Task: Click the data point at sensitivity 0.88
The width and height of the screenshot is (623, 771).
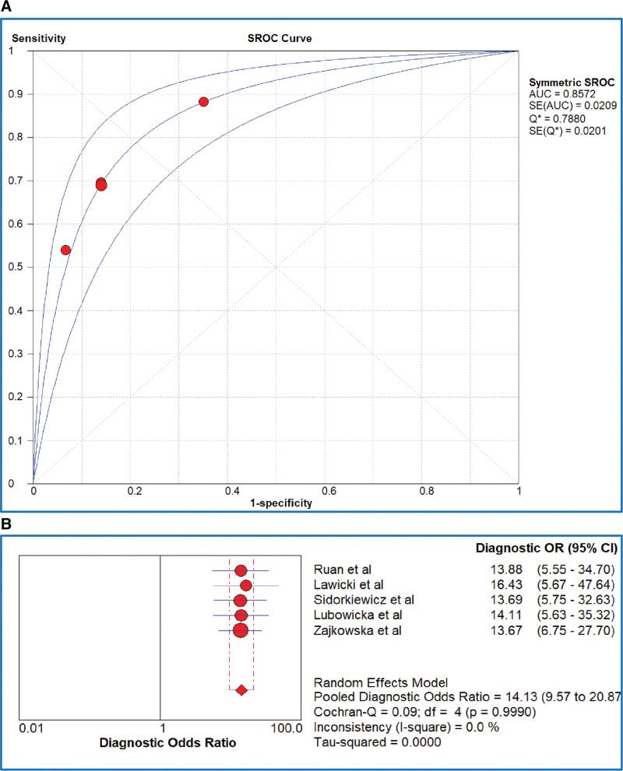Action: click(203, 102)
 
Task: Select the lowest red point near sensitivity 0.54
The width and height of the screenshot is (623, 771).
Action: click(65, 250)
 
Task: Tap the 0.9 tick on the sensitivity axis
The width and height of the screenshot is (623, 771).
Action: click(18, 93)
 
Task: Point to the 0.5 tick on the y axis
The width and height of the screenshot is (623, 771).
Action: click(18, 267)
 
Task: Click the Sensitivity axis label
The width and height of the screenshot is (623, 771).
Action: click(37, 37)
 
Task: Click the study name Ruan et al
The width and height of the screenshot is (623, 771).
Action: click(340, 571)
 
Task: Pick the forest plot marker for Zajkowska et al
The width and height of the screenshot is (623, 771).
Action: click(240, 629)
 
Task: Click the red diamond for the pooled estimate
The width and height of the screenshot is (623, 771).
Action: click(241, 690)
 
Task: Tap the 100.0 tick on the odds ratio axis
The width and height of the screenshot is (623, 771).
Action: click(285, 729)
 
